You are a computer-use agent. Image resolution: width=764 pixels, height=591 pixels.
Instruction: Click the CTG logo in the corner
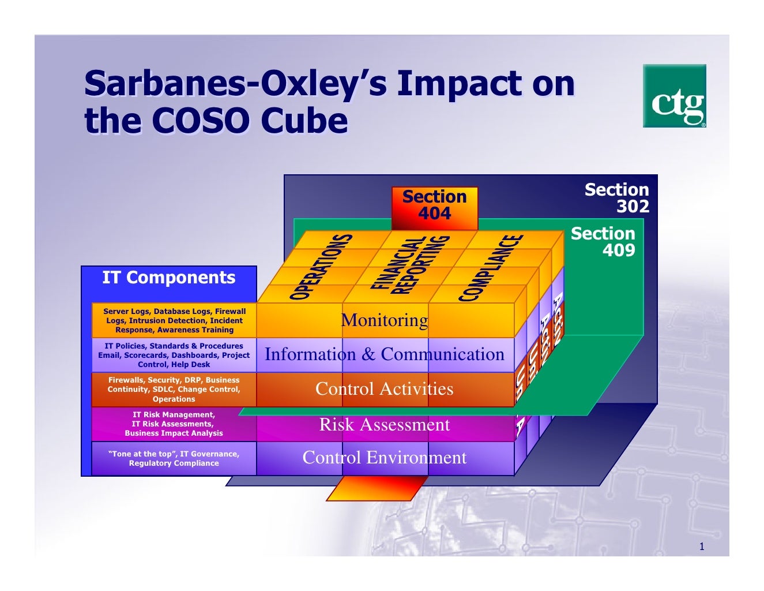(674, 96)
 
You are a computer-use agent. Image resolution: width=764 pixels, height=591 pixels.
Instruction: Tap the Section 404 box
(434, 205)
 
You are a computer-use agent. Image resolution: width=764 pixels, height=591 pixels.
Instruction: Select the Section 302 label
(616, 198)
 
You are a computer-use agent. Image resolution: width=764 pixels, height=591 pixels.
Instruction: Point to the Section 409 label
(603, 241)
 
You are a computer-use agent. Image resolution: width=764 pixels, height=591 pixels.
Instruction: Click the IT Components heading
(168, 278)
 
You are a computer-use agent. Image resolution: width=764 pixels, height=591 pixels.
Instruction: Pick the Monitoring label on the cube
(385, 320)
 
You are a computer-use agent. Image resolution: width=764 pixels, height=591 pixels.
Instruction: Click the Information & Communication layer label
(385, 354)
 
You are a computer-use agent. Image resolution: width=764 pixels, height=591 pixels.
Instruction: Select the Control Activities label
(385, 389)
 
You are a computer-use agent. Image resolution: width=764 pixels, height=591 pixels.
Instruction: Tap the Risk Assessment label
(385, 425)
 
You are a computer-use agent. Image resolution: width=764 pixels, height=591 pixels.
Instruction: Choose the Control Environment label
(385, 458)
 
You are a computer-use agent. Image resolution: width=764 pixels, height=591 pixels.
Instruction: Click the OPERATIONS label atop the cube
(321, 267)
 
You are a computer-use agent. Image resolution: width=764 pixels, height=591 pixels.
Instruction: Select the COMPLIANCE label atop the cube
(491, 268)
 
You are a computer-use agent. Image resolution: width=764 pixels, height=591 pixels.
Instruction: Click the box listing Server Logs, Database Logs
(174, 321)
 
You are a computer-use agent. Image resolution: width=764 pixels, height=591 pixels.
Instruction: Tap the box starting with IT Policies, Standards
(174, 356)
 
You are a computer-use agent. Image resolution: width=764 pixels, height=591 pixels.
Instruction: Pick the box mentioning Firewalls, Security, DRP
(174, 390)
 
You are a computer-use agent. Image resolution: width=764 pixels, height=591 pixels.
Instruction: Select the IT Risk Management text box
(174, 424)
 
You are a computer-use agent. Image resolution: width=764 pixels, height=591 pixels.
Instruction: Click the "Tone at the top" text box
(174, 459)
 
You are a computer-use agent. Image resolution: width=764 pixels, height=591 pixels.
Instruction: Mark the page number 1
(702, 547)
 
